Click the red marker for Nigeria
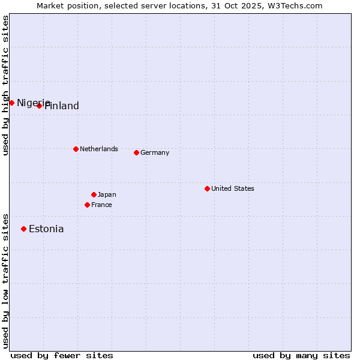coord(11,103)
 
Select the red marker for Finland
coord(40,106)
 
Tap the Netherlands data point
coord(76,149)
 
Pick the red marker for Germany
coord(136,152)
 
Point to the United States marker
coord(207,188)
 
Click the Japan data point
coord(94,194)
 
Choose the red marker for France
coord(88,205)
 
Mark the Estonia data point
coord(24,229)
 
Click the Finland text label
coord(62,106)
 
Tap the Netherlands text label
coord(99,149)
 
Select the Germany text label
coord(155,152)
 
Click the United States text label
coord(233,188)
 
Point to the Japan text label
coord(107,194)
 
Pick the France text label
coord(101,205)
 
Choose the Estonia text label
coord(46,229)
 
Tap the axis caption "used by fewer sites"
coord(62,355)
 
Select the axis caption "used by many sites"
coord(301,355)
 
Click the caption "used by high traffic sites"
coord(5,85)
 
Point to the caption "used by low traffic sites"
coord(5,280)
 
